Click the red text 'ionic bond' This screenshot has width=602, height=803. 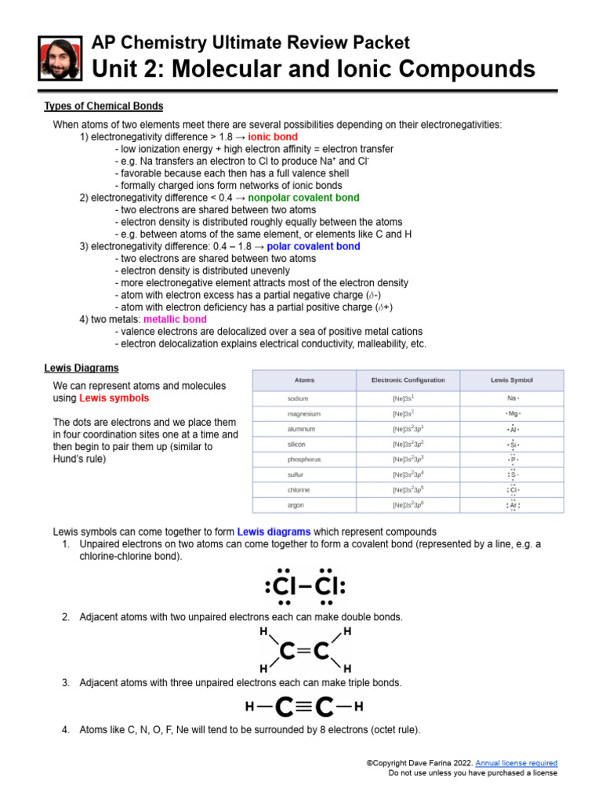coord(273,136)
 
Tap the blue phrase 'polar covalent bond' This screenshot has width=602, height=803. coord(314,246)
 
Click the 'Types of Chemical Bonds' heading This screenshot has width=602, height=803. coord(103,106)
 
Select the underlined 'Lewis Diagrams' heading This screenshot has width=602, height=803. coord(81,368)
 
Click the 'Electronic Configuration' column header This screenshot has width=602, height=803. coord(408,380)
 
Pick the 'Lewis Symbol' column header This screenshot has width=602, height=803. coord(512,380)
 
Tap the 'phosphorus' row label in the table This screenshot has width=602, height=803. coord(304,460)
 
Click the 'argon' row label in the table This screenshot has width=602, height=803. coord(297,505)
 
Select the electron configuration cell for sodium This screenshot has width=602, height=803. coord(403,398)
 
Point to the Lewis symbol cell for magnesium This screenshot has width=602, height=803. coord(512,413)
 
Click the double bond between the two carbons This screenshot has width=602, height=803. coord(304,650)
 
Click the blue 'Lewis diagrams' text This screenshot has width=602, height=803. coord(279,531)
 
